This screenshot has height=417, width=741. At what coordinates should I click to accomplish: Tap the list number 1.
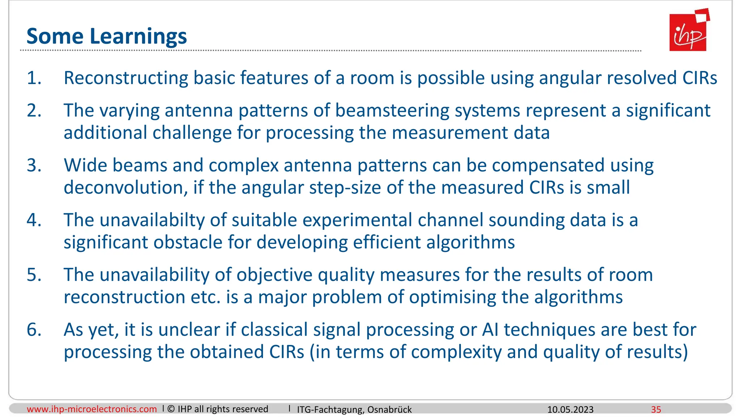pos(34,78)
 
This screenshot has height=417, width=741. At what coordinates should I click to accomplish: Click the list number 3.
pos(34,165)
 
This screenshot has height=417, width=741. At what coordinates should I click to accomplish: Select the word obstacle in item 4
pos(188,243)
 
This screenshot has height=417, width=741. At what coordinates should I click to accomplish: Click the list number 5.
pos(34,275)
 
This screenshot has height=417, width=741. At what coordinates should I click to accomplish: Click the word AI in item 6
pos(490,330)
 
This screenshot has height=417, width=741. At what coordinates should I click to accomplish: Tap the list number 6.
pos(34,330)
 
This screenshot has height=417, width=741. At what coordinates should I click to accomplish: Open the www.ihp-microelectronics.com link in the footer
pos(92,409)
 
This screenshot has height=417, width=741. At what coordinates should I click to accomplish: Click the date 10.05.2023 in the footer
pos(570,410)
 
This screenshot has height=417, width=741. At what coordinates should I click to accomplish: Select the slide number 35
pos(656,410)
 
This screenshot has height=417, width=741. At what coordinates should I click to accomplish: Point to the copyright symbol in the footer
pos(171,409)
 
